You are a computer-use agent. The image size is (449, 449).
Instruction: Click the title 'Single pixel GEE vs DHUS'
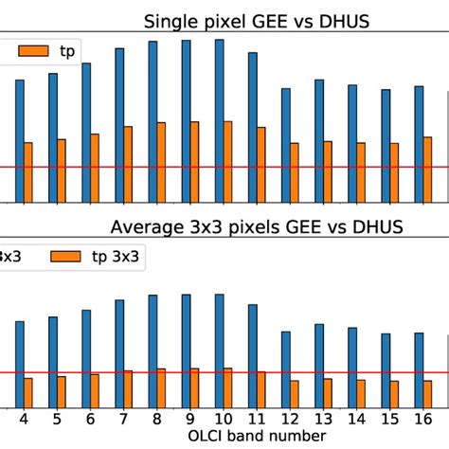(256, 22)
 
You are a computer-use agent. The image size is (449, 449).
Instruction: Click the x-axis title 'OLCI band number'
(256, 434)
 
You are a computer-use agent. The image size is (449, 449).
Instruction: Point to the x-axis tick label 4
(24, 417)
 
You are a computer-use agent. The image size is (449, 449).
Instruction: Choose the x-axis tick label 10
(223, 417)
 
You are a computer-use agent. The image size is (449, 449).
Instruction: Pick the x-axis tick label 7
(123, 417)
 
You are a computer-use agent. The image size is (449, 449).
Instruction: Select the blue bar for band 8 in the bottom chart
(153, 350)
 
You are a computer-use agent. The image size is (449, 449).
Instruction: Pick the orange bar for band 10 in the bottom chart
(227, 387)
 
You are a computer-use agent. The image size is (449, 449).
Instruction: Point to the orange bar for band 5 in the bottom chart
(62, 391)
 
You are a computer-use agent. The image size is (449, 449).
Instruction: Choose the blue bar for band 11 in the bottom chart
(253, 355)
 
